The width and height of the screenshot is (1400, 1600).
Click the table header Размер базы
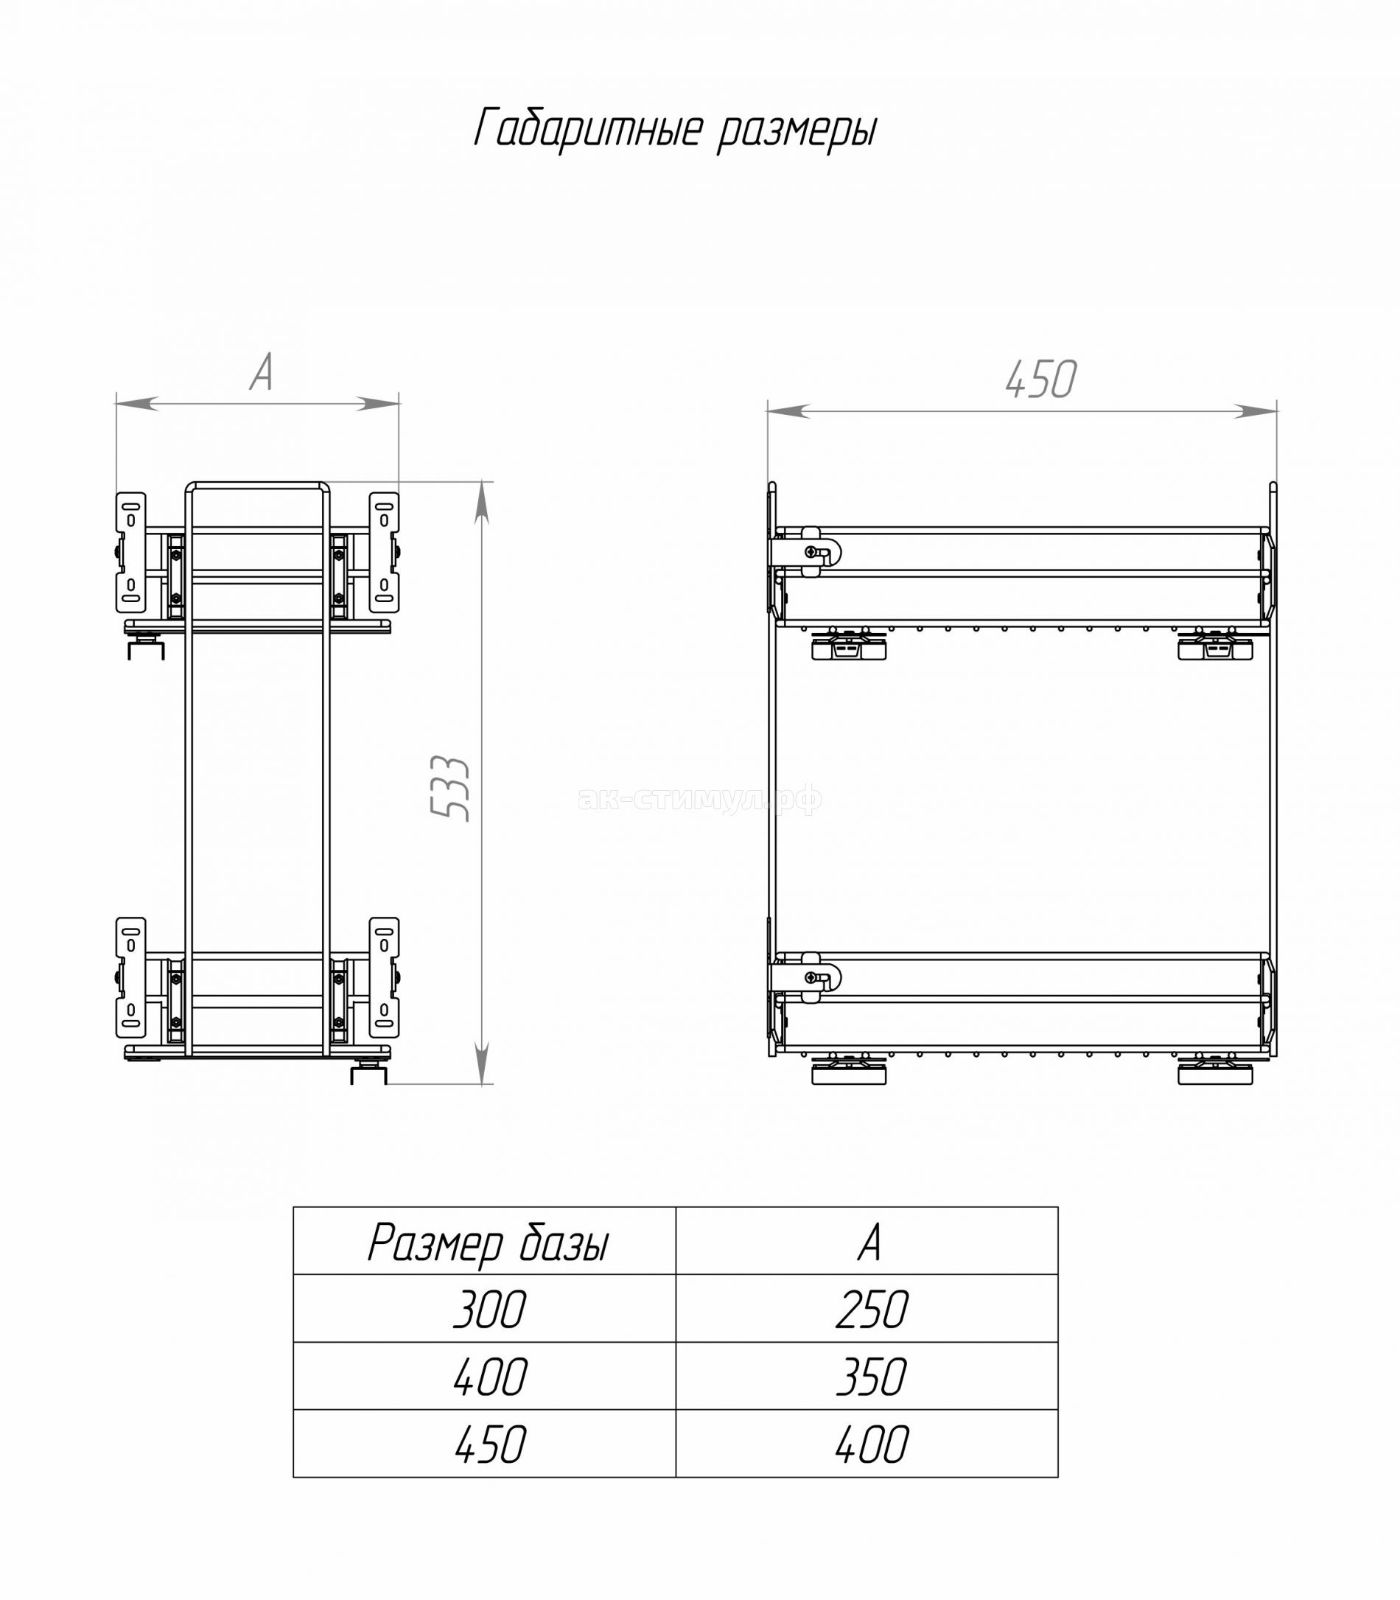point(489,1244)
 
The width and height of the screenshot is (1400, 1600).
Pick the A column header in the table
point(869,1243)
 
